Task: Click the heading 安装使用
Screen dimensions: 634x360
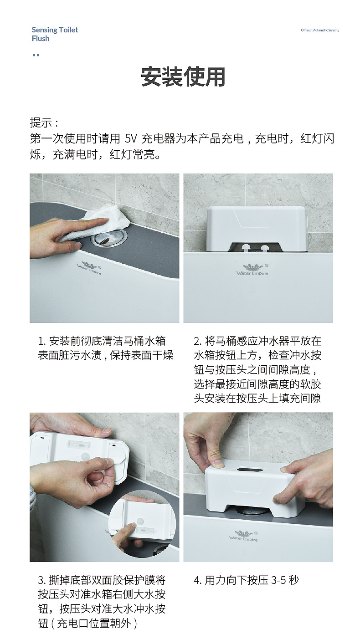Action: coord(183,77)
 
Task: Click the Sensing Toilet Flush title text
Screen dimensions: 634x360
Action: coord(55,34)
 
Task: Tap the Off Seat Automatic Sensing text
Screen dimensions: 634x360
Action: coord(320,30)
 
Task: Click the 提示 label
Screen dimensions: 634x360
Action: coord(44,123)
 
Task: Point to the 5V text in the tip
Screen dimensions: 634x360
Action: coord(131,138)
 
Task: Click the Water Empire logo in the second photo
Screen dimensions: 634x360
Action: coord(252,270)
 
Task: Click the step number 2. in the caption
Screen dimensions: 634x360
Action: coord(197,341)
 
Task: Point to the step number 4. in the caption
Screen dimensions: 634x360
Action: coord(197,580)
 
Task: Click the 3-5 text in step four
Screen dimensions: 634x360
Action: coord(279,580)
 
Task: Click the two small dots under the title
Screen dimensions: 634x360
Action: coord(36,55)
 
